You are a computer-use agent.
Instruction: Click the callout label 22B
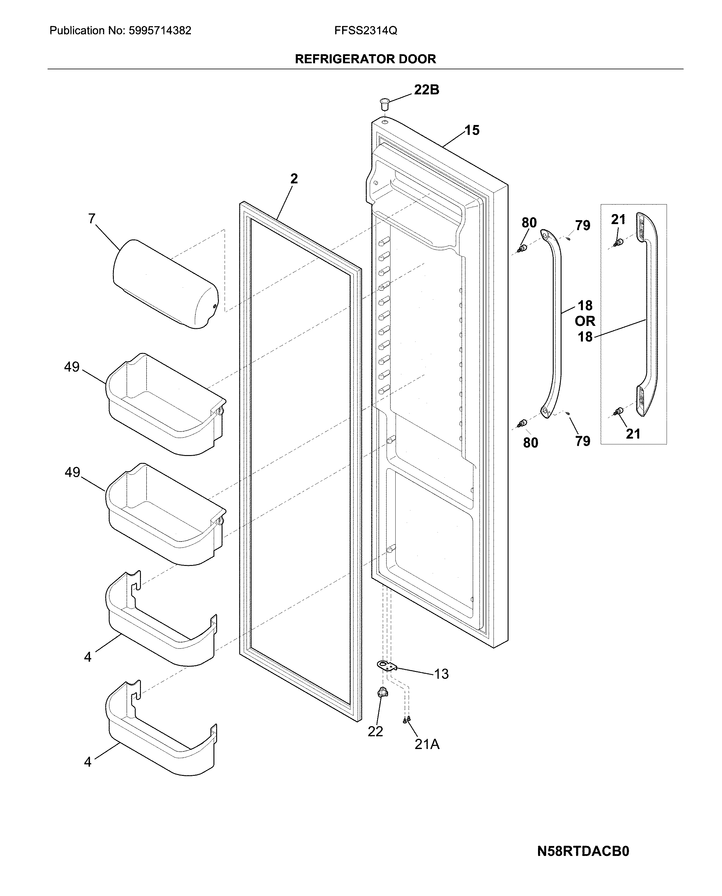[x=426, y=90]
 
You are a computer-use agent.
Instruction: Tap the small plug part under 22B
[x=384, y=102]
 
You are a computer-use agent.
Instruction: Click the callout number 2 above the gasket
[x=294, y=179]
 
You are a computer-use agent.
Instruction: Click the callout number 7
[x=92, y=218]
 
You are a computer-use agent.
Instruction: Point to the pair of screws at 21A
[x=407, y=720]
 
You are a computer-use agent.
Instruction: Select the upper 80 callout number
[x=529, y=223]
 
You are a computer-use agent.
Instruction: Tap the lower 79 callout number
[x=583, y=441]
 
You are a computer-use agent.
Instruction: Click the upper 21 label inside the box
[x=618, y=220]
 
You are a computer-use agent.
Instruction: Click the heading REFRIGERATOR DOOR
[x=365, y=59]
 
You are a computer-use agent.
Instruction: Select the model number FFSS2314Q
[x=366, y=31]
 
